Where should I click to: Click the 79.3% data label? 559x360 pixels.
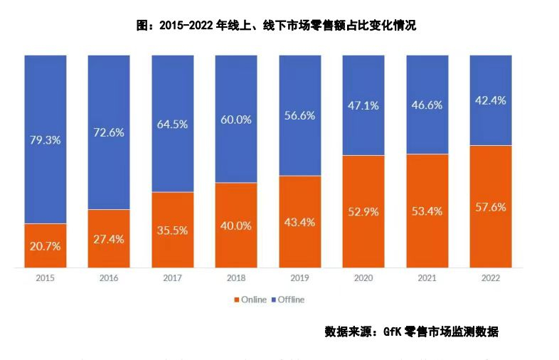pos(46,140)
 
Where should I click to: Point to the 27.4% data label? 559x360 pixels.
pos(109,239)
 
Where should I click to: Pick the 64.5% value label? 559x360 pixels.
pos(172,124)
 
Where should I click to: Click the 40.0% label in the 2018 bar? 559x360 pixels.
pos(236,225)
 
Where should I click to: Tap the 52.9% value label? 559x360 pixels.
pos(363,211)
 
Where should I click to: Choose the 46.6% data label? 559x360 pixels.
pos(427,105)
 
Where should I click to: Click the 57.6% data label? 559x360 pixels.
pos(491,207)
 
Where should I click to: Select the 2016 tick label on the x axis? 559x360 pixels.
pos(109,277)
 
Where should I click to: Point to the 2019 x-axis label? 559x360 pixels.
pos(299,277)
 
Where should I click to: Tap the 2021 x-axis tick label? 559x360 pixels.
pos(427,277)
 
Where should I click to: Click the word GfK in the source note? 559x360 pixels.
pos(393,332)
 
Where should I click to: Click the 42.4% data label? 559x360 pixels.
pos(491,100)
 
